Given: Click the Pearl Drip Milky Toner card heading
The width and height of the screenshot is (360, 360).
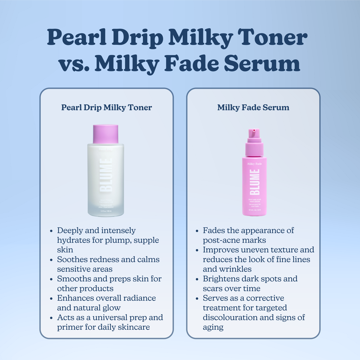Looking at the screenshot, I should pos(106,107).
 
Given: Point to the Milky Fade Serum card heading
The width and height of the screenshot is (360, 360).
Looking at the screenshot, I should pos(253,107).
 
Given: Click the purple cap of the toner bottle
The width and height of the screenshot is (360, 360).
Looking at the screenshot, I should pos(105,134).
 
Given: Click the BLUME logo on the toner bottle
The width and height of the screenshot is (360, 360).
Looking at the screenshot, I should pos(106,175).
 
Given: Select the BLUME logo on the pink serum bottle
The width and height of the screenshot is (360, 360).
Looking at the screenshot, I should pos(254,182).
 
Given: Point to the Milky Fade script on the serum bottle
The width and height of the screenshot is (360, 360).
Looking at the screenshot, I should pos(254,164).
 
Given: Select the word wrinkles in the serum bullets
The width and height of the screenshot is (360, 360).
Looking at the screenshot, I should pos(235,269).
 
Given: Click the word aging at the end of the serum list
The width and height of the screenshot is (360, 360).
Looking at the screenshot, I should pos(213,327).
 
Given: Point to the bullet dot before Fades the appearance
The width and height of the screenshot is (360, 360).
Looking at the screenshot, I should pos(197,231).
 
